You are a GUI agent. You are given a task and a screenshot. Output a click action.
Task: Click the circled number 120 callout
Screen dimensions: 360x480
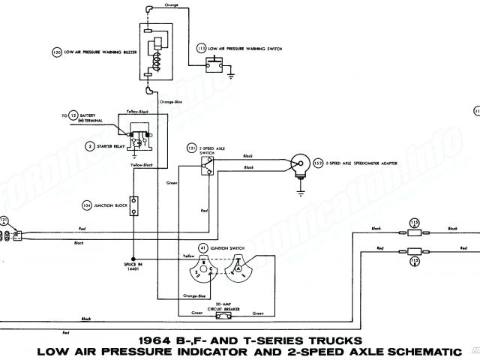(56, 52)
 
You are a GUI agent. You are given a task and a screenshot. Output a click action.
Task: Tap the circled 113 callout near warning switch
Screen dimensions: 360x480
(201, 48)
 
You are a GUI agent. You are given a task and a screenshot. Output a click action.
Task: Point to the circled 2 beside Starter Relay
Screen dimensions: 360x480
(89, 145)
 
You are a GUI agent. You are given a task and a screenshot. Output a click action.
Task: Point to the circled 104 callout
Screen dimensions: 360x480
(88, 204)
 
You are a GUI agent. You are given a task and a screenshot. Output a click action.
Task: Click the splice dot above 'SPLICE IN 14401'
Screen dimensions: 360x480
(134, 256)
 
